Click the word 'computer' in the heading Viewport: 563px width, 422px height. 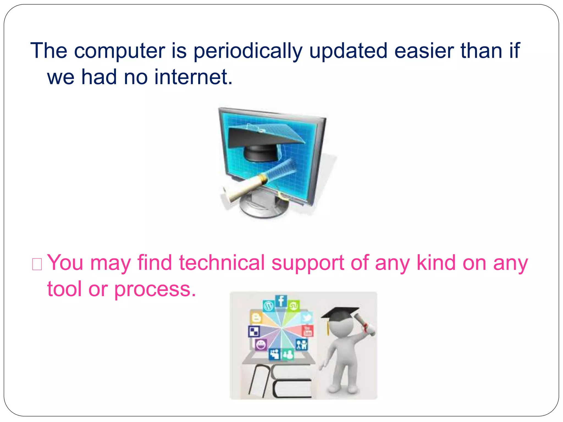pos(120,51)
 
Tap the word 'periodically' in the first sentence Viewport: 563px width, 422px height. pos(248,51)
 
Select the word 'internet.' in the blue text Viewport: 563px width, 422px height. pos(194,77)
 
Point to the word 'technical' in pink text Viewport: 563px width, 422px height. pos(222,263)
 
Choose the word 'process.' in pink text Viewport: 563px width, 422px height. pos(155,290)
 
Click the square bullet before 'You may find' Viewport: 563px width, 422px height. pos(37,264)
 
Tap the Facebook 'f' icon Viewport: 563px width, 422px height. pos(281,301)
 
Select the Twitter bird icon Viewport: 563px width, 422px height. pos(307,318)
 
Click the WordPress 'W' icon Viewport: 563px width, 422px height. pos(269,306)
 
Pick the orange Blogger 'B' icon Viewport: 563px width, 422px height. pos(256,318)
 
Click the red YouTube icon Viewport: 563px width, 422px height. pos(307,331)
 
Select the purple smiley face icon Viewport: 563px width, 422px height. pos(261,345)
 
